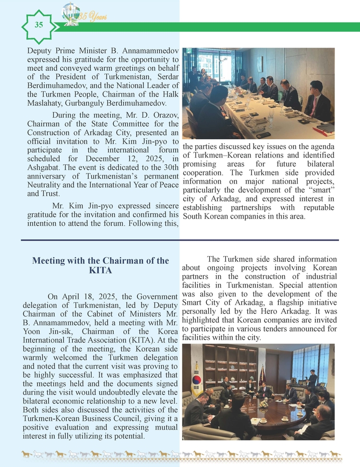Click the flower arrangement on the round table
[x=264, y=405]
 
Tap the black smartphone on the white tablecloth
[x=263, y=135]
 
